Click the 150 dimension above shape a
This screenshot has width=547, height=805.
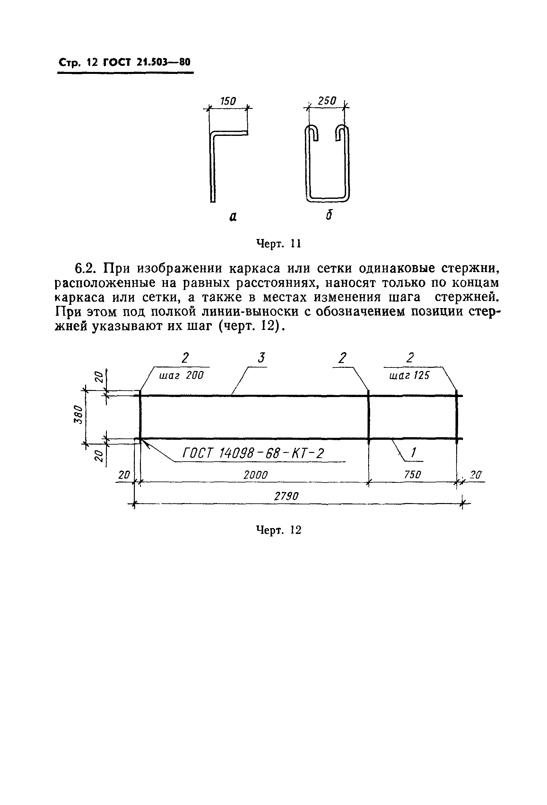coord(228,101)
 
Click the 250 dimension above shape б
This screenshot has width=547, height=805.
coord(327,101)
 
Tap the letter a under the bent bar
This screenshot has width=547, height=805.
coord(233,217)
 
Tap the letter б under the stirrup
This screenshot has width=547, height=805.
coord(329,215)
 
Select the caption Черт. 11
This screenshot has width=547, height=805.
coord(278,244)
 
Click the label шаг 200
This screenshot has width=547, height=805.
coord(181,375)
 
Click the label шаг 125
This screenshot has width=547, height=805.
coord(409,376)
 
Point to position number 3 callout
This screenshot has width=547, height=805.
coord(261,358)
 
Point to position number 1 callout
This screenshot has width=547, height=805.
coord(413,452)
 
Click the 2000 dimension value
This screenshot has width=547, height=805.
coord(256,475)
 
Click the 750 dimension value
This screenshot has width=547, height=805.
coord(412,474)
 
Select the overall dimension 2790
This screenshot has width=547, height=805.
coord(286,497)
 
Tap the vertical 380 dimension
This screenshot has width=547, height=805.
coord(79,414)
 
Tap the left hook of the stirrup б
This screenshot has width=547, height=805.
coord(312,133)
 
